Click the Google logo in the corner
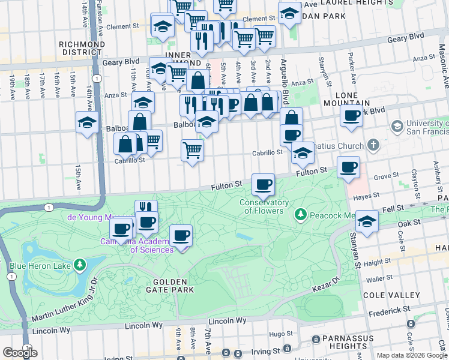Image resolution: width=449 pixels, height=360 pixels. pyautogui.click(x=20, y=353)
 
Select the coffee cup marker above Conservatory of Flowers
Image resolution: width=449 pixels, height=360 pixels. pyautogui.click(x=262, y=185)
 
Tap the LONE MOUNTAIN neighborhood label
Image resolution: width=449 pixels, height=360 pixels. pyautogui.click(x=355, y=100)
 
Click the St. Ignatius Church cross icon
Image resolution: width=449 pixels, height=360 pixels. pyautogui.click(x=373, y=146)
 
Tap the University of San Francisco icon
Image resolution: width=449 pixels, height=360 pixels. pyautogui.click(x=396, y=127)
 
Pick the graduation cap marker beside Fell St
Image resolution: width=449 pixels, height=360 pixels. pyautogui.click(x=366, y=221)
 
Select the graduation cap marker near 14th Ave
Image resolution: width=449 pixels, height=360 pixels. pyautogui.click(x=87, y=123)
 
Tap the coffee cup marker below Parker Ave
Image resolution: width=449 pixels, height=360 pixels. pyautogui.click(x=351, y=115)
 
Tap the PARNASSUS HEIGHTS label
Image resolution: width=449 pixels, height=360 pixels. pyautogui.click(x=352, y=344)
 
